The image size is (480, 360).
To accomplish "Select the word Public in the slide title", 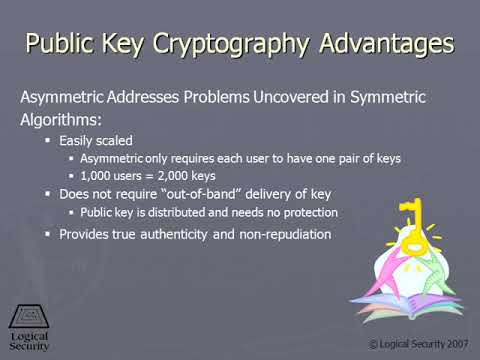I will [x=62, y=44].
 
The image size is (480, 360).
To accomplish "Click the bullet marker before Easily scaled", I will [x=49, y=142].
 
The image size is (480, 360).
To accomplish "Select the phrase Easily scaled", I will [x=97, y=142].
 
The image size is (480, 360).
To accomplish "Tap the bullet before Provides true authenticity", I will [x=49, y=234].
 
